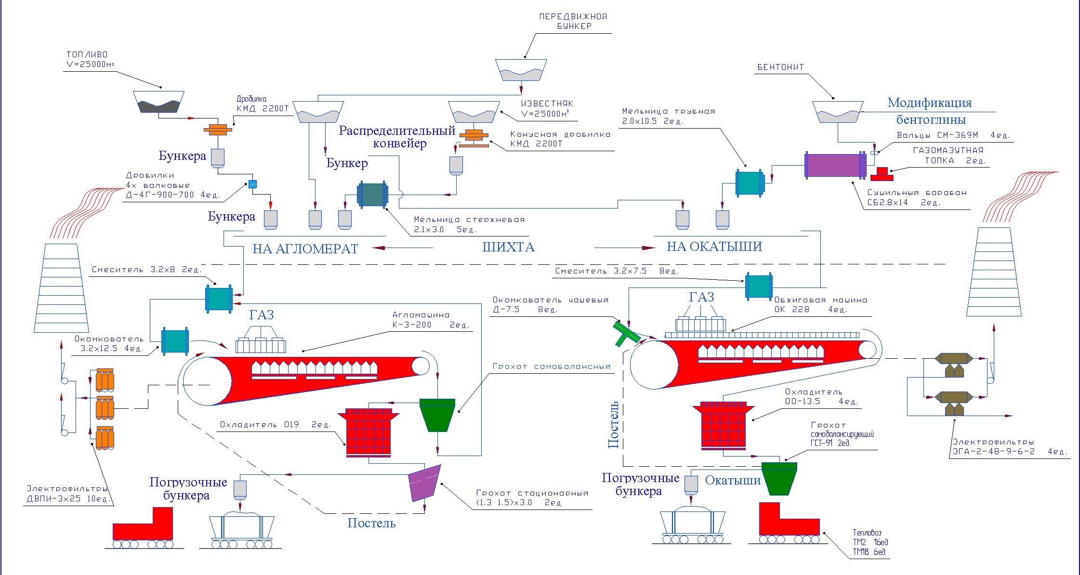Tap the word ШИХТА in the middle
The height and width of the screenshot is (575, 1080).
pos(508,248)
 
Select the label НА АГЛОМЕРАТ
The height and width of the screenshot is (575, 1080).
pos(305,249)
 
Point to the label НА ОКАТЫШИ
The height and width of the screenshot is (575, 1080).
pos(714,247)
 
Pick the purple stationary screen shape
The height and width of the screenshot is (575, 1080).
pos(424,483)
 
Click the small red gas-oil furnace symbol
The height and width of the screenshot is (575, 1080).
pos(882,174)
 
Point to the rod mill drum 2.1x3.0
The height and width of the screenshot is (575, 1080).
pos(372,194)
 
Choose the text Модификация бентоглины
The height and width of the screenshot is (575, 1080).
pos(930,111)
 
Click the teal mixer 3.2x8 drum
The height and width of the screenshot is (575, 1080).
pos(219,299)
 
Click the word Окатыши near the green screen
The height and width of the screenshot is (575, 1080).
pos(733,480)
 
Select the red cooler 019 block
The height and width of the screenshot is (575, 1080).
pos(368,432)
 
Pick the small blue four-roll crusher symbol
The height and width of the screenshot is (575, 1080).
pos(252,183)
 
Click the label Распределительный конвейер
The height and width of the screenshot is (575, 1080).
pos(397,137)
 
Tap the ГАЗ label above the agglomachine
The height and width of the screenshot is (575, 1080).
pos(262,315)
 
